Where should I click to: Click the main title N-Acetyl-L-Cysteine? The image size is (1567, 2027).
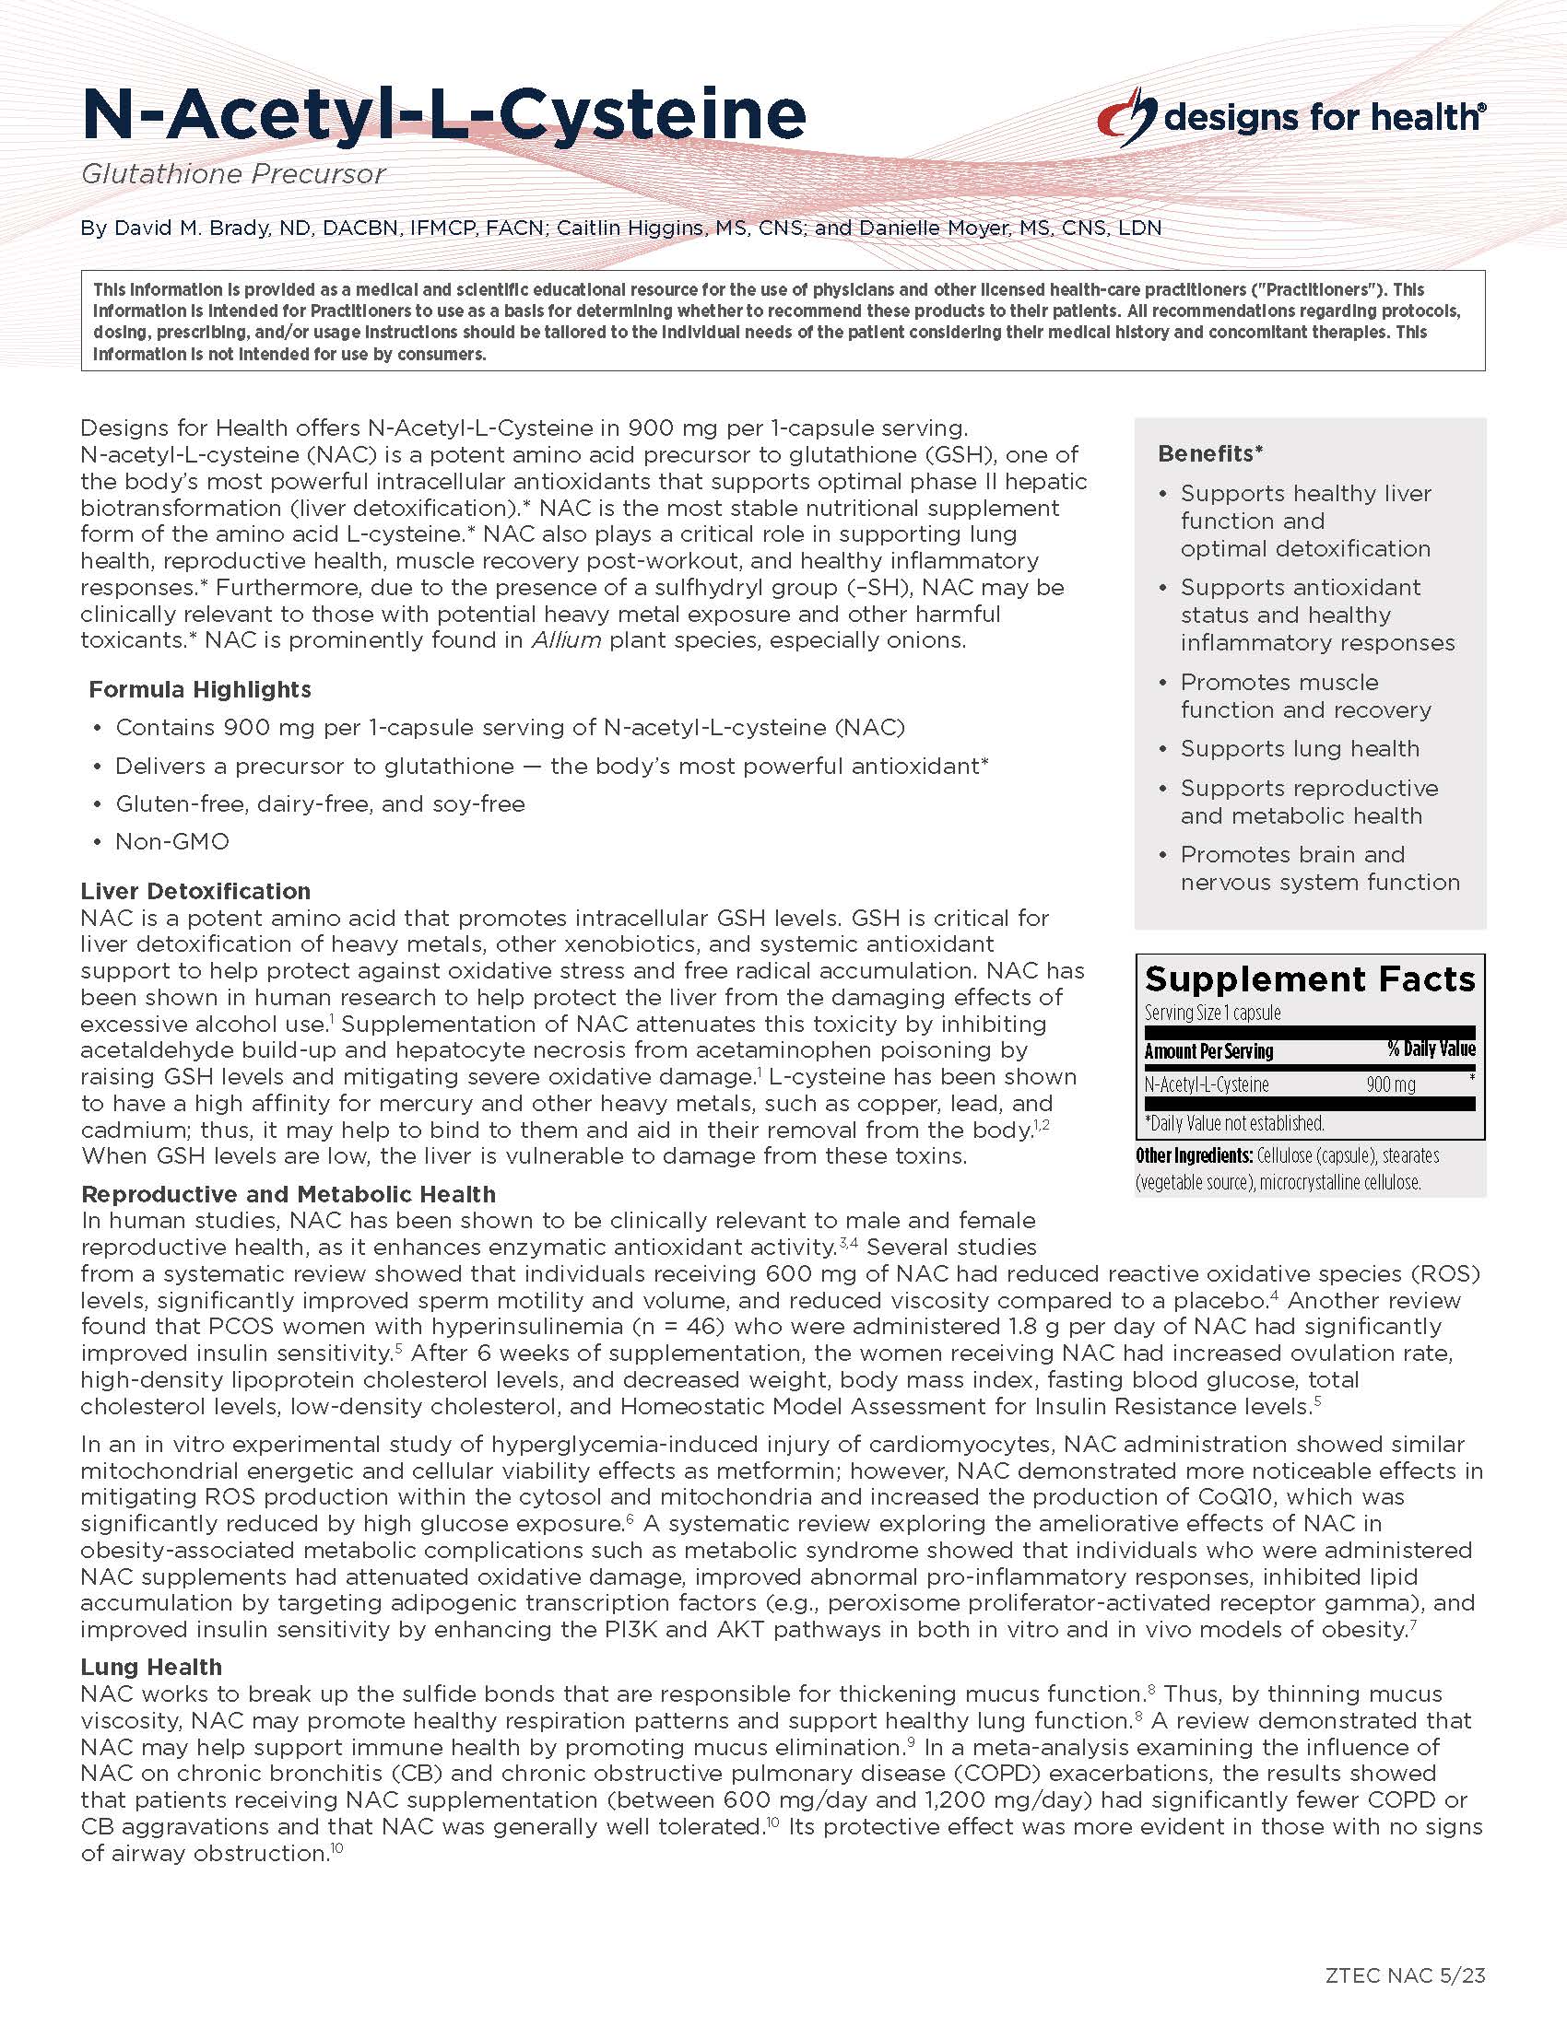(x=442, y=114)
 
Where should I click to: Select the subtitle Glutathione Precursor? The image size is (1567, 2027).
(x=232, y=174)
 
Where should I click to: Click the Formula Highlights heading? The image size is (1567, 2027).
(x=200, y=689)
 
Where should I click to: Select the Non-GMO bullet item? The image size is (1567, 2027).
(x=171, y=842)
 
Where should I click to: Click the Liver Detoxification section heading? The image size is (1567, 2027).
(x=194, y=891)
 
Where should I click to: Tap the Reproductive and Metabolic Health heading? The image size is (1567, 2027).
(x=288, y=1194)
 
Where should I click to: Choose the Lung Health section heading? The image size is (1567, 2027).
(x=151, y=1667)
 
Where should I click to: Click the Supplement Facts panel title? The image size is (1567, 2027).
(x=1309, y=980)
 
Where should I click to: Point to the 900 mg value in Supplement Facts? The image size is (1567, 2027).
(x=1390, y=1084)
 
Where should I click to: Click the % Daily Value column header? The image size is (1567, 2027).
(x=1431, y=1049)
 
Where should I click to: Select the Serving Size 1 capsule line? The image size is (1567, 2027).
(x=1211, y=1013)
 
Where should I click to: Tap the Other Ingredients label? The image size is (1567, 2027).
(x=1194, y=1155)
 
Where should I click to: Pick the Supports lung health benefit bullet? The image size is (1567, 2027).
(x=1299, y=749)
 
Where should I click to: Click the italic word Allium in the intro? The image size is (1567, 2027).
(x=565, y=640)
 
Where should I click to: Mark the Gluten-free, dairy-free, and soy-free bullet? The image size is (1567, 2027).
(x=319, y=803)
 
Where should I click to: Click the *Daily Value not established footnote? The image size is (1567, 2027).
(x=1233, y=1123)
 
